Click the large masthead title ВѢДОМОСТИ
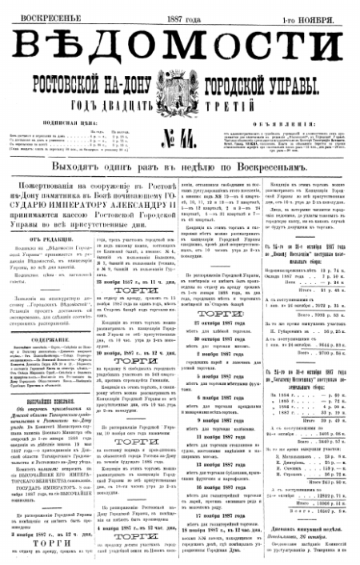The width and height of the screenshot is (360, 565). click(179, 44)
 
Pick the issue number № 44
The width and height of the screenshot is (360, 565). click(179, 137)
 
